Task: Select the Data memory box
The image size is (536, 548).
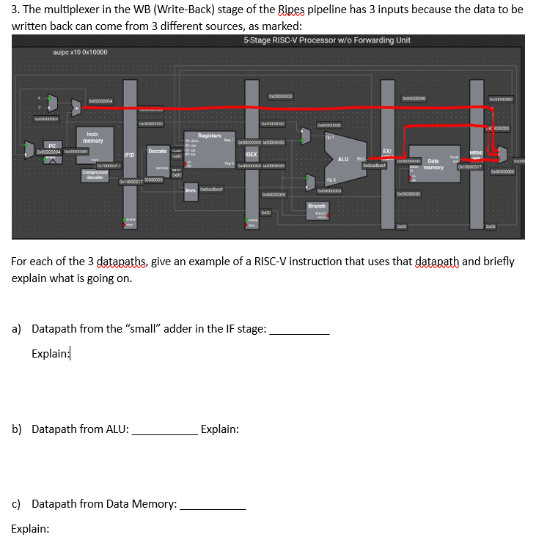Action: [x=433, y=164]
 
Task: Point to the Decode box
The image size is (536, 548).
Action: [x=157, y=152]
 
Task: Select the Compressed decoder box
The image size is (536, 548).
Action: [x=95, y=174]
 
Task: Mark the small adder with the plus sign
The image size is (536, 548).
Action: [x=76, y=110]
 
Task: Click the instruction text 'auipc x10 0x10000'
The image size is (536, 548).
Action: [x=80, y=53]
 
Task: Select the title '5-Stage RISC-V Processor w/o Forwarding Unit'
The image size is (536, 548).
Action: [x=326, y=40]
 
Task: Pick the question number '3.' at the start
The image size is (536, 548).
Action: [x=17, y=10]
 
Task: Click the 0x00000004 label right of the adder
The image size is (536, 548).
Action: [x=100, y=101]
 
